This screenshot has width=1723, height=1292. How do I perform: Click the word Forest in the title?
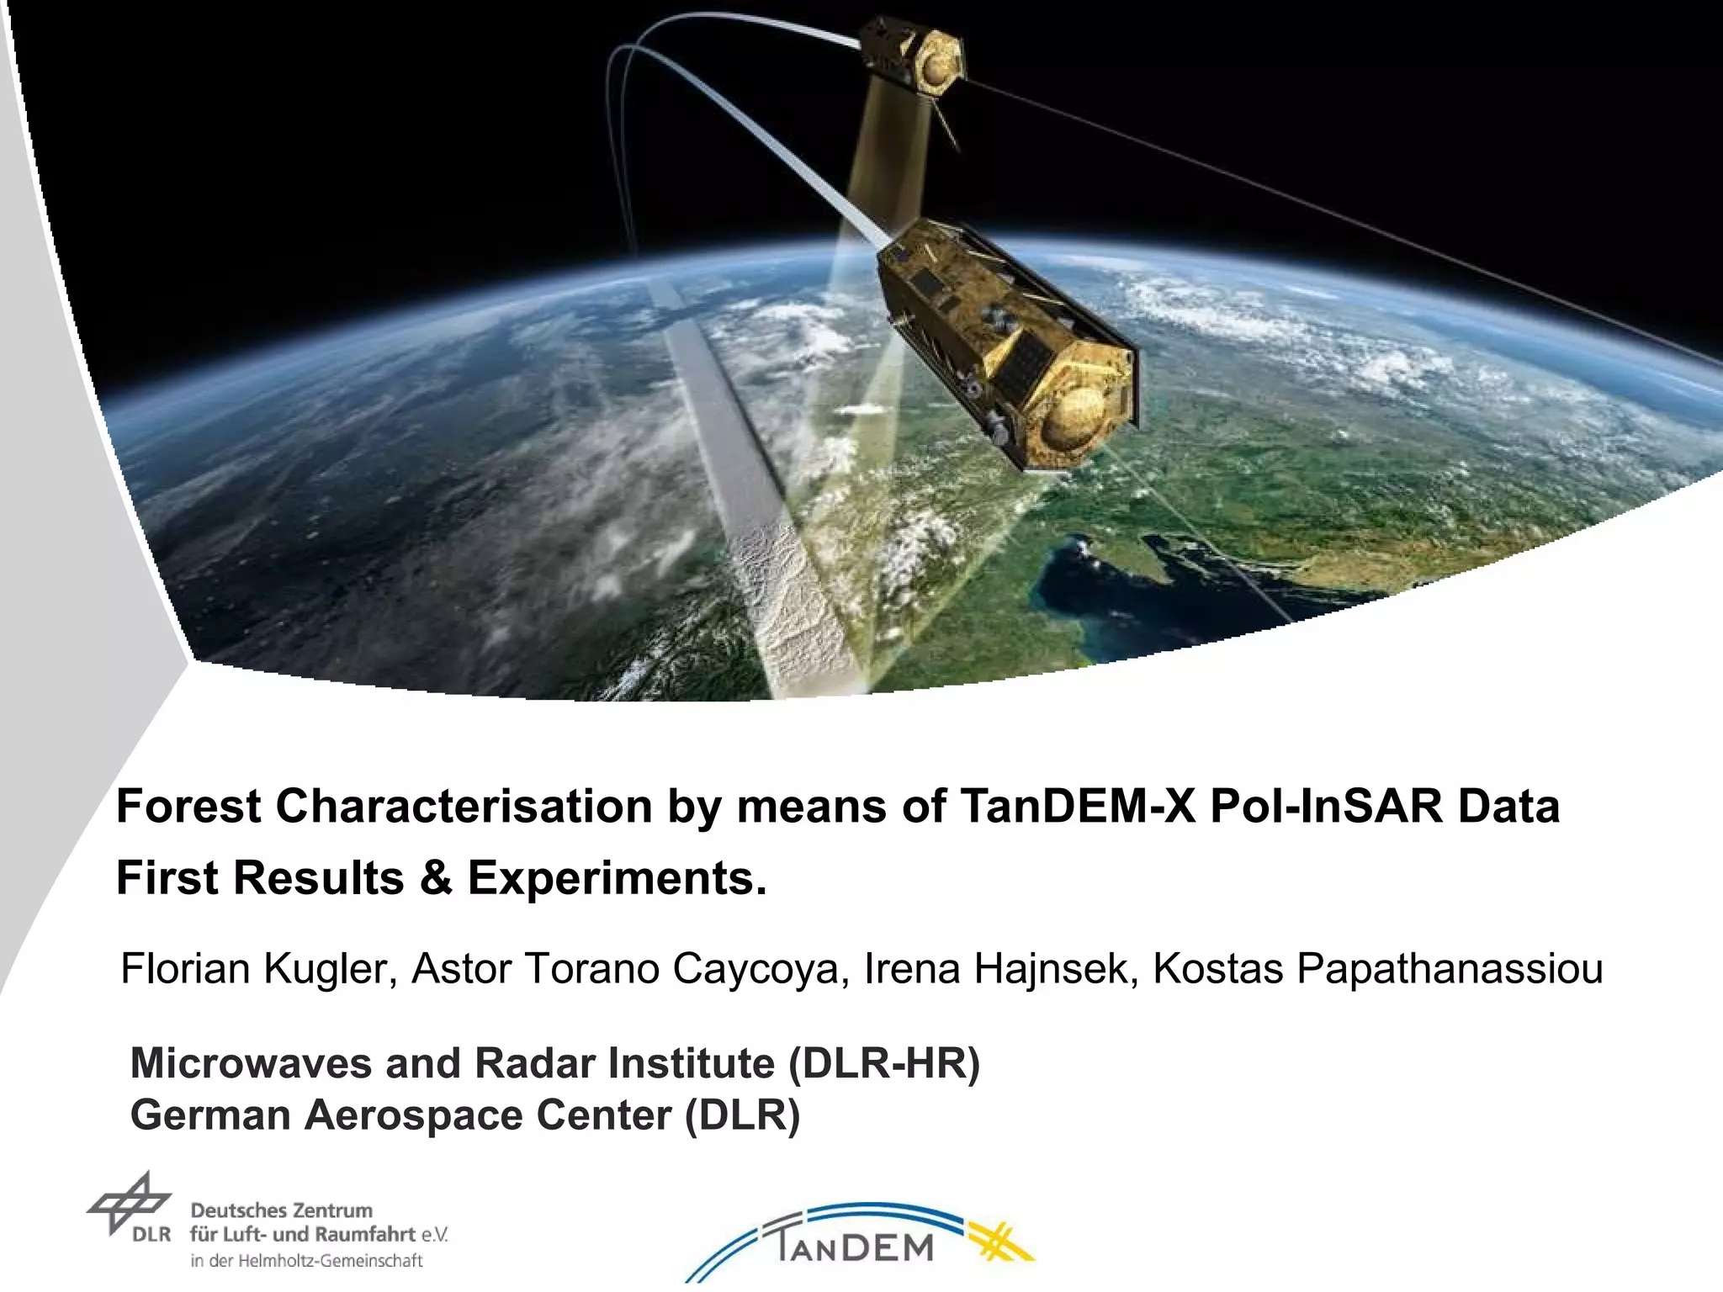pyautogui.click(x=188, y=806)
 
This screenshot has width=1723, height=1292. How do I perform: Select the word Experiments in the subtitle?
pyautogui.click(x=617, y=878)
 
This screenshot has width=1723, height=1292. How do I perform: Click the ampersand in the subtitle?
pyautogui.click(x=435, y=878)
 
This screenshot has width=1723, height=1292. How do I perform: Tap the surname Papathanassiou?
pyautogui.click(x=1377, y=968)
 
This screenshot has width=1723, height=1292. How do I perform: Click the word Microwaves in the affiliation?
pyautogui.click(x=251, y=1063)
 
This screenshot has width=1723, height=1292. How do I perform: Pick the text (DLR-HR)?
pyautogui.click(x=884, y=1063)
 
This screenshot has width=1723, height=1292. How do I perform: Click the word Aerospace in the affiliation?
pyautogui.click(x=413, y=1115)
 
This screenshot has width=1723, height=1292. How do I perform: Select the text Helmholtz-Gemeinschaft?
pyautogui.click(x=331, y=1261)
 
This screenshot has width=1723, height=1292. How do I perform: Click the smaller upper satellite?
pyautogui.click(x=914, y=55)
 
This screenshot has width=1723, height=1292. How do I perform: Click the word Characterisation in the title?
pyautogui.click(x=464, y=806)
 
